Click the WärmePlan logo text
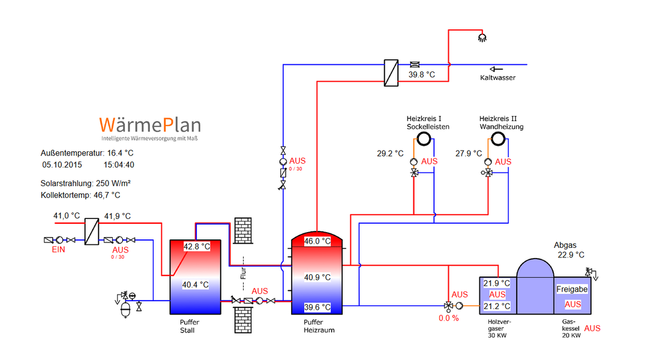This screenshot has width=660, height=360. tap(151, 125)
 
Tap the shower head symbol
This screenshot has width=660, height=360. tap(481, 38)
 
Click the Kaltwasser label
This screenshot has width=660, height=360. tap(497, 77)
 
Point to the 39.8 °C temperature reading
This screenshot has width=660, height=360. tap(422, 75)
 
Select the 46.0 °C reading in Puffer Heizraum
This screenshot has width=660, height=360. tap(317, 241)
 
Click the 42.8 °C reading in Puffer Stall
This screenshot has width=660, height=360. tap(196, 246)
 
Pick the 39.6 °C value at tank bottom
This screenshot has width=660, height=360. tap(317, 307)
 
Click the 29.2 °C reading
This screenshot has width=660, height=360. tap(390, 154)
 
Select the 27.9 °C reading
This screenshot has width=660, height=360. tap(469, 154)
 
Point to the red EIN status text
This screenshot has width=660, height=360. tap(58, 250)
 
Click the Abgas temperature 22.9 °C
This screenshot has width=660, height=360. tap(571, 255)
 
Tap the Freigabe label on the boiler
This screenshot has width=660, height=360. tap(572, 289)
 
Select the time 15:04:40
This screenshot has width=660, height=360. tap(119, 164)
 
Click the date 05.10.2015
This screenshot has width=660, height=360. tap(62, 164)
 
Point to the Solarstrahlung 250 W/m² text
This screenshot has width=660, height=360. tap(86, 182)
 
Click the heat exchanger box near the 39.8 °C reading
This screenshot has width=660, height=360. tap(391, 73)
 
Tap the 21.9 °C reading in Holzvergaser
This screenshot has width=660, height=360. tap(497, 283)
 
